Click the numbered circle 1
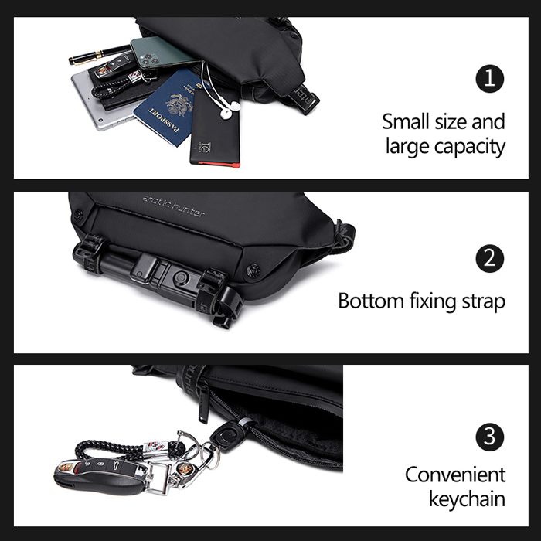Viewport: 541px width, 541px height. tap(489, 79)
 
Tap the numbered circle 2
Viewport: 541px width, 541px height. tap(489, 258)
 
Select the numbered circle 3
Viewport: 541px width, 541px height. tap(489, 437)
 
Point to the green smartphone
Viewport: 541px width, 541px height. tap(162, 53)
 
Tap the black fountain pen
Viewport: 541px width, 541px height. tap(100, 55)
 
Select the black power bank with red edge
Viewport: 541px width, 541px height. tap(215, 128)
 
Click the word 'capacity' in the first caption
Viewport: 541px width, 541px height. tap(470, 147)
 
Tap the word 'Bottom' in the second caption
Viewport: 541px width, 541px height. tap(371, 301)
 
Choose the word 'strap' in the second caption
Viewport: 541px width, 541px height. tap(483, 303)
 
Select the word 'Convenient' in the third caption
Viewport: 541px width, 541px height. tap(455, 475)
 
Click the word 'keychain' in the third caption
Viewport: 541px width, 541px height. tap(467, 499)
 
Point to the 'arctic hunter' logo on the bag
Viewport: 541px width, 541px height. tap(173, 206)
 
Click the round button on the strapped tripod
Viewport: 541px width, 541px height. tap(181, 277)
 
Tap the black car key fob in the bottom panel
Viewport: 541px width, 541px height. tap(100, 475)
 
